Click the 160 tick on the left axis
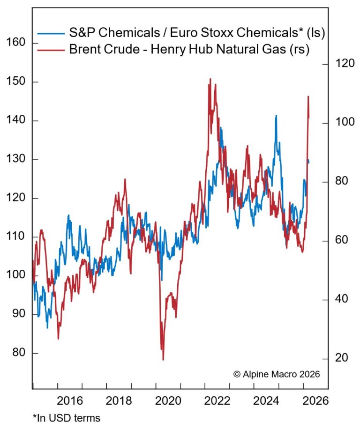17,43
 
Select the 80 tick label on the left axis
17,353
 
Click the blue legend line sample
51,34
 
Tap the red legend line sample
51,49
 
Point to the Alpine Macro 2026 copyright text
276,374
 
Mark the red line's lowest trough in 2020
163,360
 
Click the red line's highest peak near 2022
210,79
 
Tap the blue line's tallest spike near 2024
276,116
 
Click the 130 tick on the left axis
17,159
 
